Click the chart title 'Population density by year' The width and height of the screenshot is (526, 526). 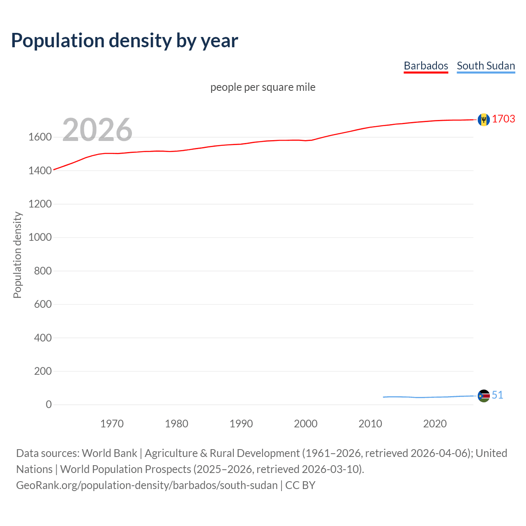coord(125,41)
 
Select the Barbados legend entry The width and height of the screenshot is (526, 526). coord(426,66)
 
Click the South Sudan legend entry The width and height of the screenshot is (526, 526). coord(486,66)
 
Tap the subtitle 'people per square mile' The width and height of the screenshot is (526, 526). coord(263,87)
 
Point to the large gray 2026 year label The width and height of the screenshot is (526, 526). coord(97,130)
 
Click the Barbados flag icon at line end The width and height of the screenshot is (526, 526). coord(484,120)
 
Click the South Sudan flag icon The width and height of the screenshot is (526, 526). coord(484,396)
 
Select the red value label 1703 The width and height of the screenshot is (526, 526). coord(503,119)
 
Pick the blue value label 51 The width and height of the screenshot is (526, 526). coord(497,395)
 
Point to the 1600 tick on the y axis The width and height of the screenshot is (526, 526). coord(40,137)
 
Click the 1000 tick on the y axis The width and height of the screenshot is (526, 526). coord(40,238)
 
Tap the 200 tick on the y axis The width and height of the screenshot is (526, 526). coord(43,371)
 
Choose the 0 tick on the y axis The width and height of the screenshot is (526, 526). coord(49,405)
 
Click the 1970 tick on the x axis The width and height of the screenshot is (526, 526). coord(112,424)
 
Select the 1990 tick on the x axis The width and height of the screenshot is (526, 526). coord(241,424)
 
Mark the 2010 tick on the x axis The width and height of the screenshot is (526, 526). coord(370,424)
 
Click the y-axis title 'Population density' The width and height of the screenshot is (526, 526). coord(17,255)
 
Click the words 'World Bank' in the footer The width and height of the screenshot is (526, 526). coord(109,453)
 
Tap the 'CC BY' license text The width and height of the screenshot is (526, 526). coord(300,485)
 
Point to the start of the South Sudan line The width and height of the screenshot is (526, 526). coord(383,397)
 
